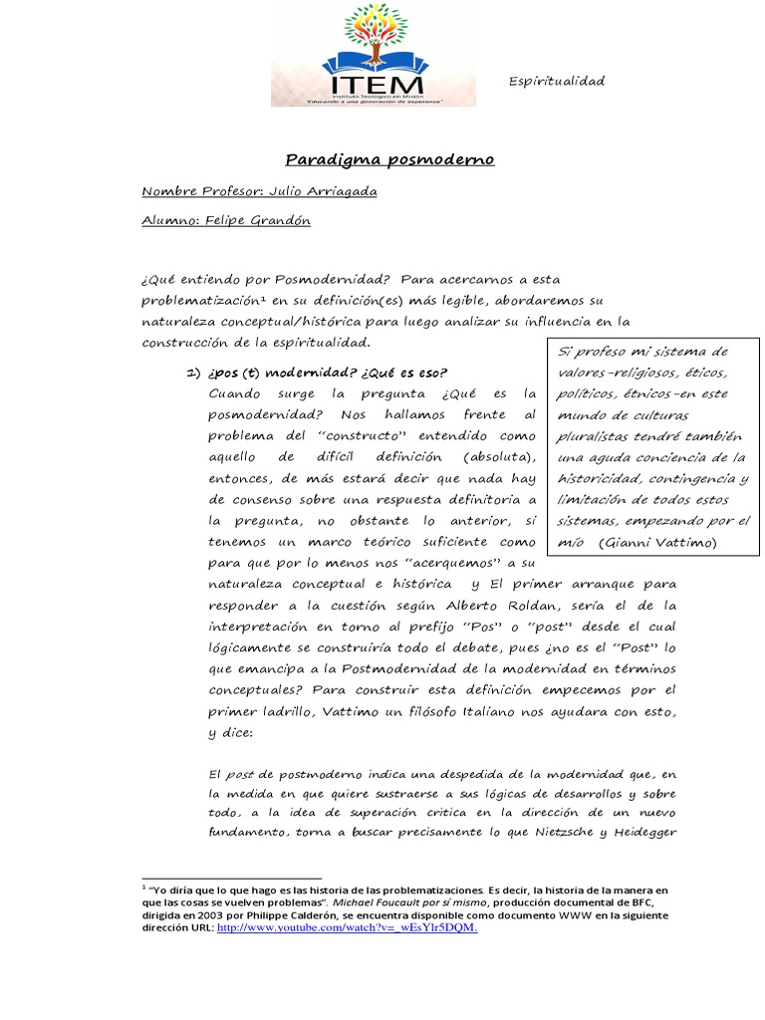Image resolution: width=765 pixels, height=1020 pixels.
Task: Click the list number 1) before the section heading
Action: [x=195, y=372]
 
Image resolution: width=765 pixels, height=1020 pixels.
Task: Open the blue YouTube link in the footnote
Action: [x=348, y=927]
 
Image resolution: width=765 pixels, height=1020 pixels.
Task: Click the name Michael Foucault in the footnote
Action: [x=382, y=900]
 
